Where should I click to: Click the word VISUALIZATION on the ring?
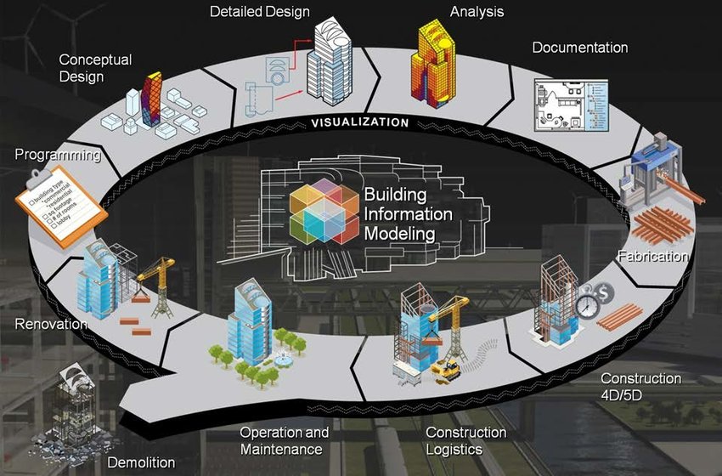pyautogui.click(x=359, y=122)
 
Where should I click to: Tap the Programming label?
pyautogui.click(x=58, y=156)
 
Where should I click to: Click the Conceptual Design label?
pyautogui.click(x=95, y=68)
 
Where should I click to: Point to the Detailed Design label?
pyautogui.click(x=260, y=12)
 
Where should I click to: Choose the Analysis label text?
pyautogui.click(x=477, y=12)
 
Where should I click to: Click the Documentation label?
pyautogui.click(x=580, y=48)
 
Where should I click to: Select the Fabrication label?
pyautogui.click(x=652, y=256)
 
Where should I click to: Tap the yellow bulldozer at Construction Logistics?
pyautogui.click(x=446, y=371)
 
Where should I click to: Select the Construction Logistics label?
pyautogui.click(x=465, y=440)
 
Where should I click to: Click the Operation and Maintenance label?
pyautogui.click(x=284, y=440)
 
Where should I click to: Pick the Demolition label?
pyautogui.click(x=141, y=463)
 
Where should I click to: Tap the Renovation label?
pyautogui.click(x=51, y=324)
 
